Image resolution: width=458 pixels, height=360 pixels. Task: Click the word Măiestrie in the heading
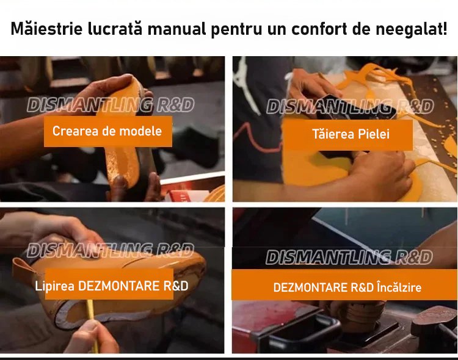pos(47,29)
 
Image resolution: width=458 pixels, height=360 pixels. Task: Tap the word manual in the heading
pos(176,29)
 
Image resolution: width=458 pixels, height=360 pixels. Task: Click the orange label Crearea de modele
pos(107,131)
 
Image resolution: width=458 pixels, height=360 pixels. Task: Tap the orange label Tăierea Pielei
pos(349,134)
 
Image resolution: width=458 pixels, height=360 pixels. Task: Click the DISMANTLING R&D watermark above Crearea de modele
pos(111,105)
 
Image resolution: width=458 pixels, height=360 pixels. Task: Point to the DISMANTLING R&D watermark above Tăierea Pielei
pos(350,106)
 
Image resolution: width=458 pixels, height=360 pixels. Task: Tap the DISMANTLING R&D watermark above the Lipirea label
pos(111,251)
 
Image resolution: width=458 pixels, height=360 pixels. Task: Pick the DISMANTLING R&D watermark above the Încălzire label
pos(349,257)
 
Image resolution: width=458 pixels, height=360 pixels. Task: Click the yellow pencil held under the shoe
pos(92,324)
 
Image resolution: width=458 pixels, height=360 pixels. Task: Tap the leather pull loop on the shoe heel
pos(24,269)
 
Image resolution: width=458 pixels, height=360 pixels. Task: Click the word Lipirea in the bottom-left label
pos(54,286)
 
